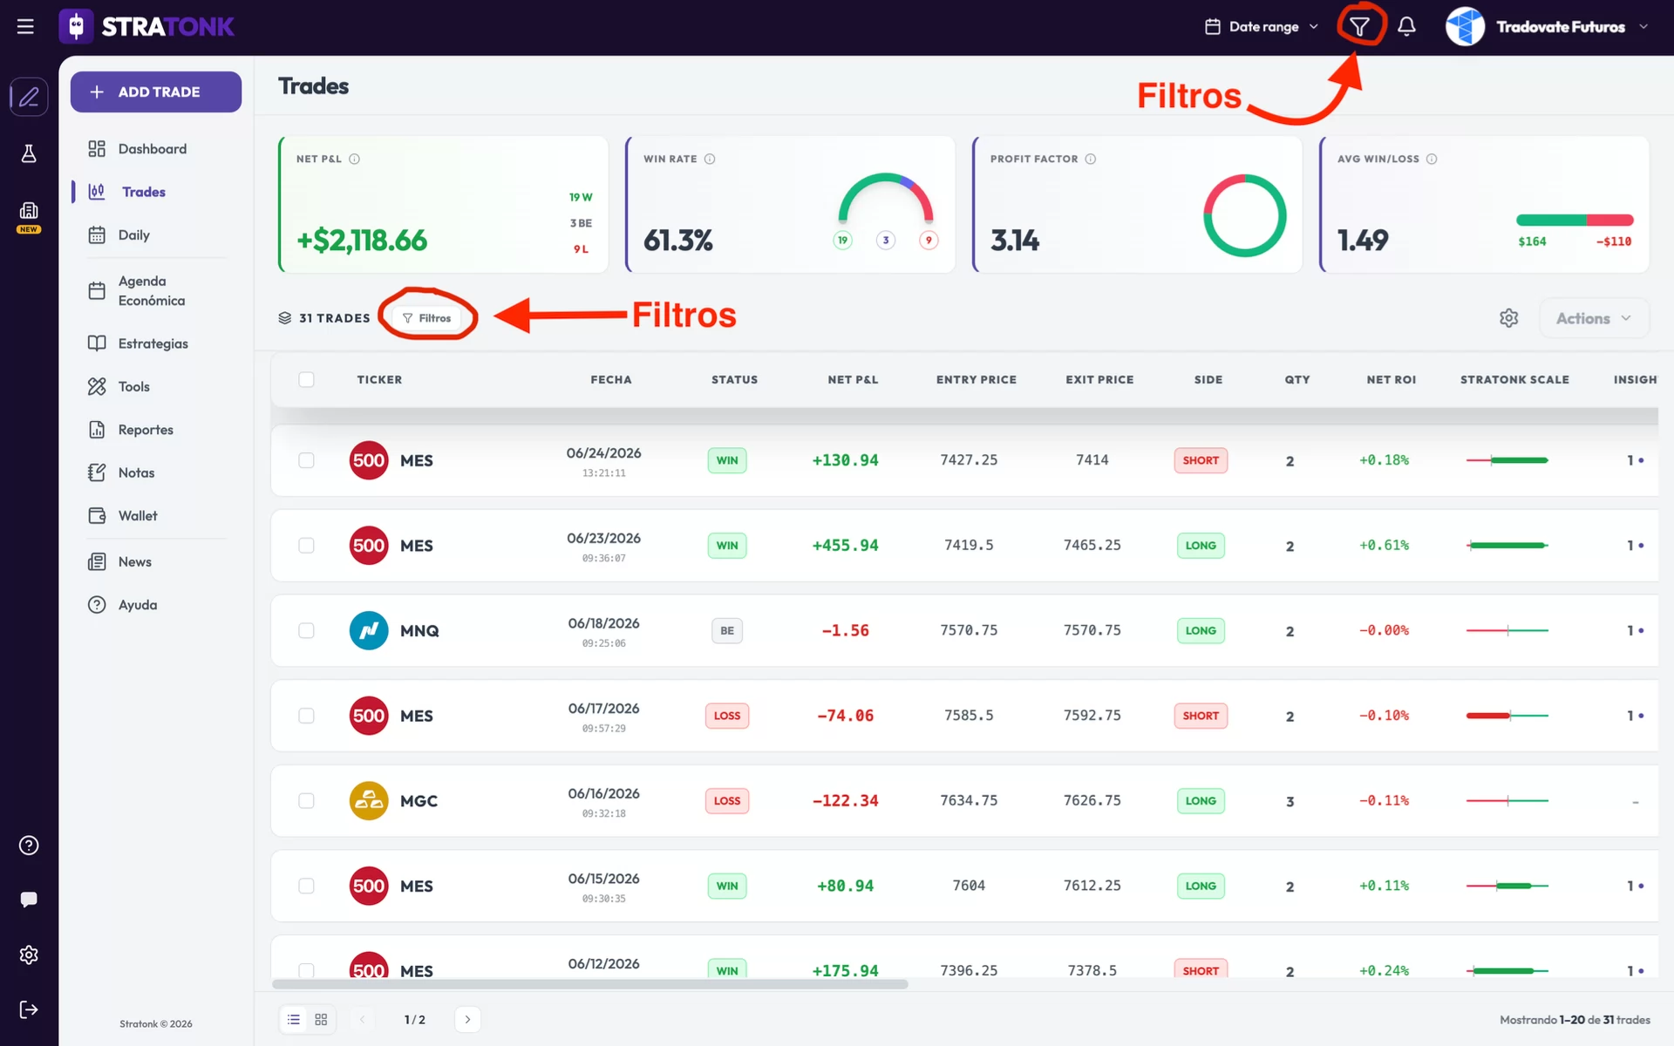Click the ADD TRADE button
tap(156, 92)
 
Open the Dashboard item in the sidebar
tap(138, 149)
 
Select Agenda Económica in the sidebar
tap(138, 291)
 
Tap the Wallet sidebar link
tap(123, 516)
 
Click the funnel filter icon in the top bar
tap(1359, 27)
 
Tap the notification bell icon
tap(1406, 27)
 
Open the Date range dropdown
tap(1262, 27)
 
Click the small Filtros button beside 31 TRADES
tap(427, 318)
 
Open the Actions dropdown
tap(1594, 318)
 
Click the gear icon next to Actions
tap(1509, 318)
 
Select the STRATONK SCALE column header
tap(1514, 380)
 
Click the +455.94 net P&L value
tap(845, 546)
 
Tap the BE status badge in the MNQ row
tap(727, 631)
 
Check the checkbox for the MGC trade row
tap(306, 801)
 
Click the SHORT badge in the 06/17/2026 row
tap(1201, 716)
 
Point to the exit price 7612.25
tap(1092, 886)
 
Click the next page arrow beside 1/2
tap(467, 1020)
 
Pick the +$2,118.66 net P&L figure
tap(362, 241)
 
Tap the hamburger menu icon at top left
tap(25, 27)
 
